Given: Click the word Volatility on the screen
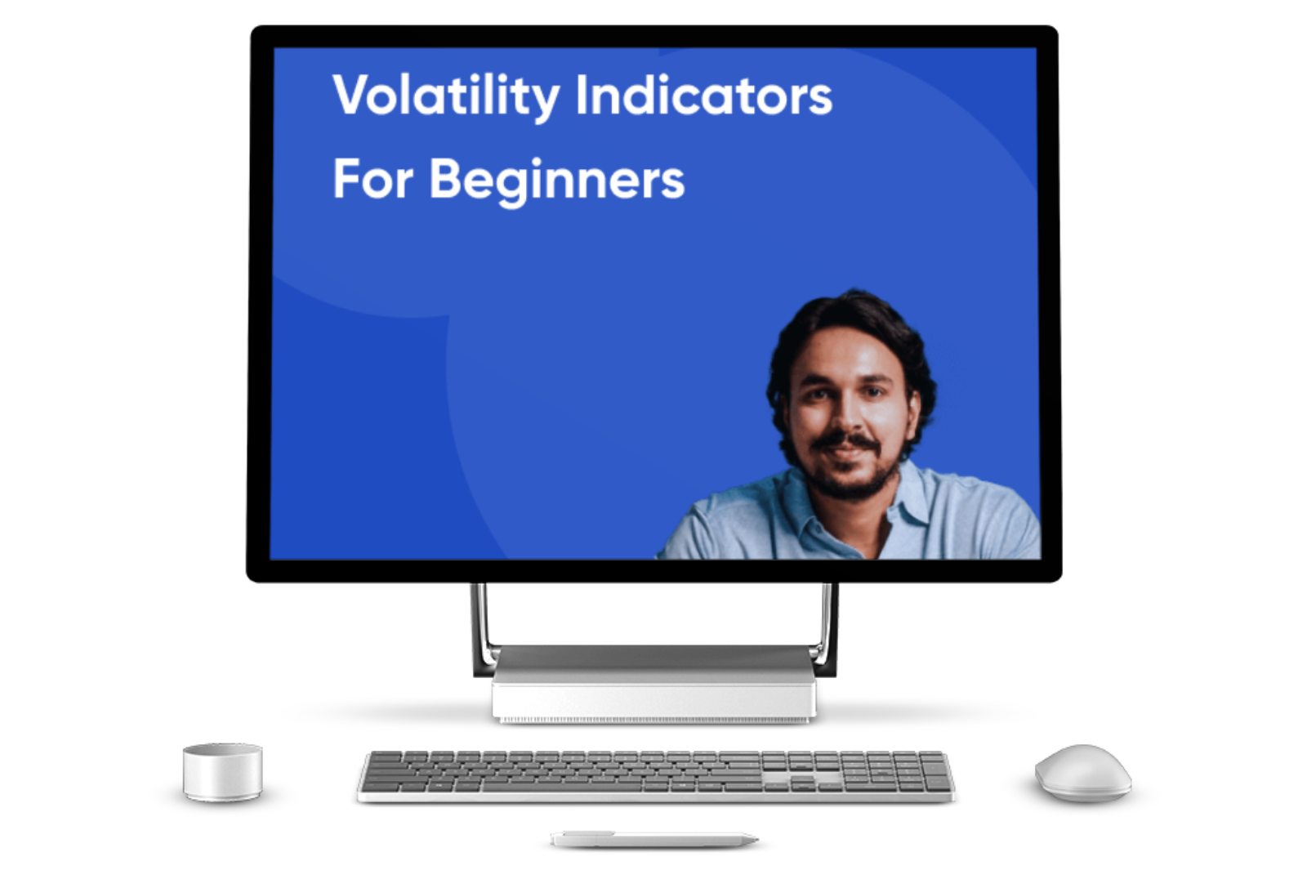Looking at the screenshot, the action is click(446, 96).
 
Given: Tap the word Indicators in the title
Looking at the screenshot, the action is click(704, 95).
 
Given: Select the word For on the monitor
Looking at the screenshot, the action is click(373, 179).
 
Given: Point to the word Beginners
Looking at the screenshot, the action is click(557, 181).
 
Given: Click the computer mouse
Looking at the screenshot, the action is click(1083, 772).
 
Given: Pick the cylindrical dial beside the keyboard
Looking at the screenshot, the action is click(222, 772).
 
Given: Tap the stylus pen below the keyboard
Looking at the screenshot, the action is click(654, 840).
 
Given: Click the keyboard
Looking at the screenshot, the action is click(656, 776).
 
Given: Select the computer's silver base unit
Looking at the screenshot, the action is click(654, 684).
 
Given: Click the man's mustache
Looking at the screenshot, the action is click(847, 442).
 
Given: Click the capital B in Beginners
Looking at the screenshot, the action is click(448, 178).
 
